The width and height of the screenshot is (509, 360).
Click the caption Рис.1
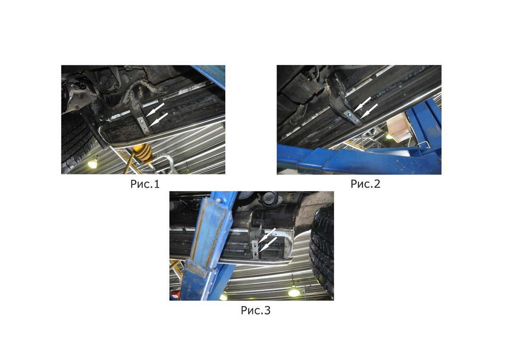pyautogui.click(x=145, y=184)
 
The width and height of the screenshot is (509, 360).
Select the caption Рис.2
pyautogui.click(x=365, y=184)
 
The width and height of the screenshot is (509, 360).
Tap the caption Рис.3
pyautogui.click(x=256, y=310)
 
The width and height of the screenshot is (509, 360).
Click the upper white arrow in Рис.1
pyautogui.click(x=155, y=110)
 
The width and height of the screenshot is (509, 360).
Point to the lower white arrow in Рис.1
pyautogui.click(x=159, y=119)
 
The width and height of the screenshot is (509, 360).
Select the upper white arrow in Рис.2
pyautogui.click(x=362, y=104)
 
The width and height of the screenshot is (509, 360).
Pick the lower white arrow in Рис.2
pyautogui.click(x=369, y=111)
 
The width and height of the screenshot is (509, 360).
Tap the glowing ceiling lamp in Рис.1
pyautogui.click(x=92, y=163)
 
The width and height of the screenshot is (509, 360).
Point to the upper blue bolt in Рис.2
pyautogui.click(x=350, y=116)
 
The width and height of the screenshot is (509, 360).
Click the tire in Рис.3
pyautogui.click(x=322, y=253)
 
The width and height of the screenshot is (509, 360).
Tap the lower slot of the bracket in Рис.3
pyautogui.click(x=256, y=254)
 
